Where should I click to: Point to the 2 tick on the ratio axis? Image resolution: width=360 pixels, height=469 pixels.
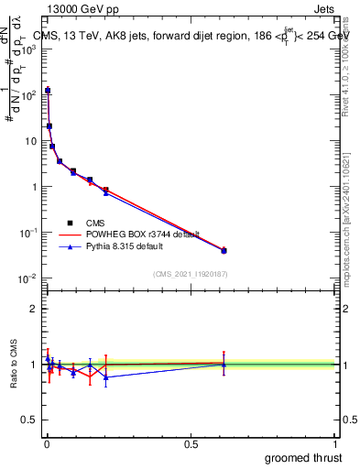[x=34, y=309]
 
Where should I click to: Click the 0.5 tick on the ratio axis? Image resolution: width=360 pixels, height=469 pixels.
[x=28, y=421]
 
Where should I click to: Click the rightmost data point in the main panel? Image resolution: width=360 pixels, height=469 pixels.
[x=224, y=250]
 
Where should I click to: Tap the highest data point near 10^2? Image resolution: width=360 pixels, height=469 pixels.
[x=48, y=91]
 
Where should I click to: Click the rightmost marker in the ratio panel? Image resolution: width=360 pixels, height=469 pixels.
[x=224, y=364]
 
